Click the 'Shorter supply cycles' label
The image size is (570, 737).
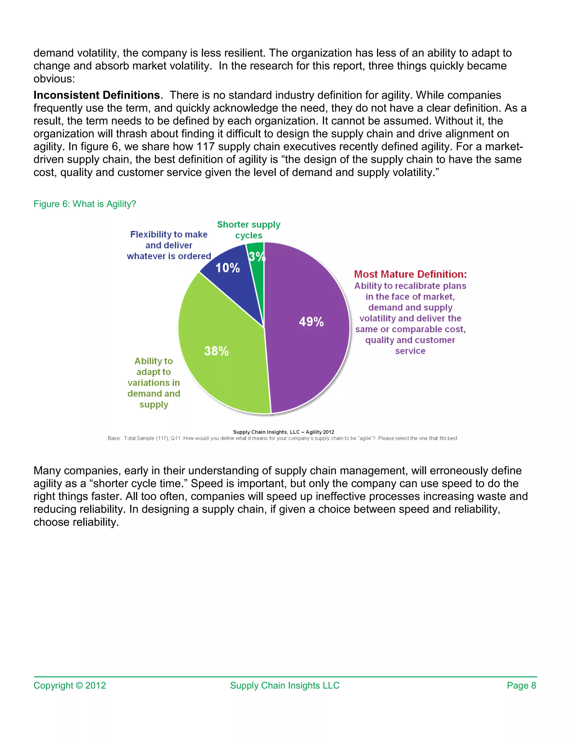pos(249,230)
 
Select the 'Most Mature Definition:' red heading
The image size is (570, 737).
pos(410,274)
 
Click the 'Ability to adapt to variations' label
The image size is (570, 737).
pos(154,383)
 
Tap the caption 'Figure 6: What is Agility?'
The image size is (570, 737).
pos(85,204)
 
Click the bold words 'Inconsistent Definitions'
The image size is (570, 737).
pos(97,95)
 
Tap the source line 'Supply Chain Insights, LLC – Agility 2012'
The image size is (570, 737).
pos(283,432)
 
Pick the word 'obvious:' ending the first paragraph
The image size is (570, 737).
pos(54,79)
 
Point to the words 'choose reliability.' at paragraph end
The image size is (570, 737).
pos(76,522)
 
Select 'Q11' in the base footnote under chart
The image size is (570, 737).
pos(176,438)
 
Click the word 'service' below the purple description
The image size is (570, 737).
pos(410,351)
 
